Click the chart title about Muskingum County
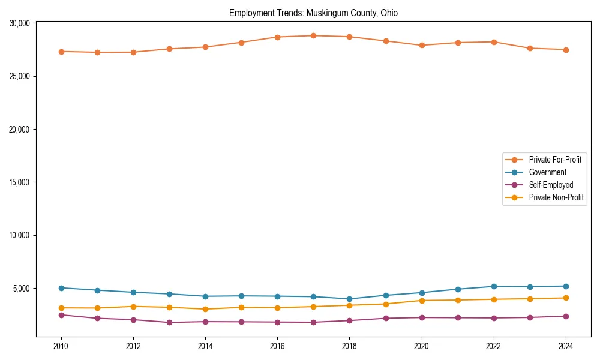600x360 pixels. (313, 13)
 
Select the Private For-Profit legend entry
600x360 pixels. (554, 160)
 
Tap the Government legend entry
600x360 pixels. (547, 172)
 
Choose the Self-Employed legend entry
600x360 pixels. (551, 185)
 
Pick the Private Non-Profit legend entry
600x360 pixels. (556, 197)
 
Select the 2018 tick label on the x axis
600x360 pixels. (349, 346)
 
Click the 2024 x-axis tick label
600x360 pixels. (566, 346)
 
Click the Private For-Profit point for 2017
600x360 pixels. (313, 35)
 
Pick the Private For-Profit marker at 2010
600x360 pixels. (61, 52)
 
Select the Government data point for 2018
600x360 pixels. (349, 299)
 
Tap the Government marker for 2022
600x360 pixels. (494, 286)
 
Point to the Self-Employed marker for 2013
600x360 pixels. (169, 322)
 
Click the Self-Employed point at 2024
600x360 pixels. (566, 316)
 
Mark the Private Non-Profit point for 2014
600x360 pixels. (205, 309)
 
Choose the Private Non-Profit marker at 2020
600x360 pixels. (422, 301)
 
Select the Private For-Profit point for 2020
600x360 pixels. (422, 45)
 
